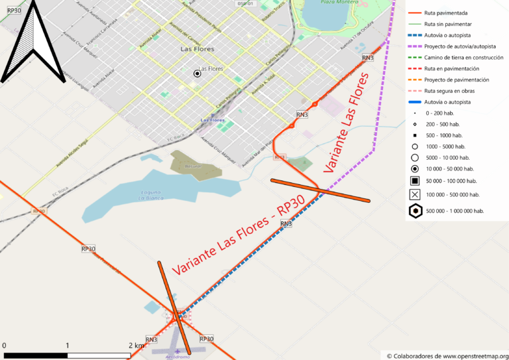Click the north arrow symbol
point(34,43)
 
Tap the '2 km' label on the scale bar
point(136,345)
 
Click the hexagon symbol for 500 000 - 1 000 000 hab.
point(415,211)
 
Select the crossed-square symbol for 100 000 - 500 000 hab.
point(415,194)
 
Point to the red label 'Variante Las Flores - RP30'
point(239,236)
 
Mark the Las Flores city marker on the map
point(197,74)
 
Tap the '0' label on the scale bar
point(4,345)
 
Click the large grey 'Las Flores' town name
point(197,49)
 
